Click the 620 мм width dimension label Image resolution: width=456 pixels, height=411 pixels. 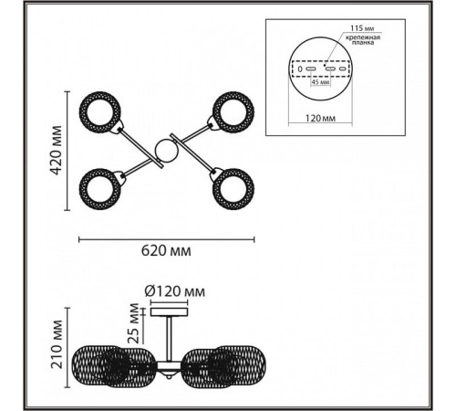166,251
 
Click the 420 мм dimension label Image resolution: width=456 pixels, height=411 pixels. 56,151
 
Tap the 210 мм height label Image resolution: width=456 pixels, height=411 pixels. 57,344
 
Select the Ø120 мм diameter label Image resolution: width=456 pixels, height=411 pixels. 175,291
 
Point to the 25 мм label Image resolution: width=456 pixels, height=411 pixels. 134,323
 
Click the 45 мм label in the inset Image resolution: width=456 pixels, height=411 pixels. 321,82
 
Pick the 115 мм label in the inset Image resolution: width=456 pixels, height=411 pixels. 362,28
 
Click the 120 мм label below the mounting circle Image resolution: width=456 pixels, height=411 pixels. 320,118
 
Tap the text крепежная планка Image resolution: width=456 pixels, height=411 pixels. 362,40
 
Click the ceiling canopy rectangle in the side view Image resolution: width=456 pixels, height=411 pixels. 170,311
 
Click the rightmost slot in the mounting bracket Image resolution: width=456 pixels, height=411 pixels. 343,69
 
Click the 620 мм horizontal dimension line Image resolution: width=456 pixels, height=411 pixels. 167,239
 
